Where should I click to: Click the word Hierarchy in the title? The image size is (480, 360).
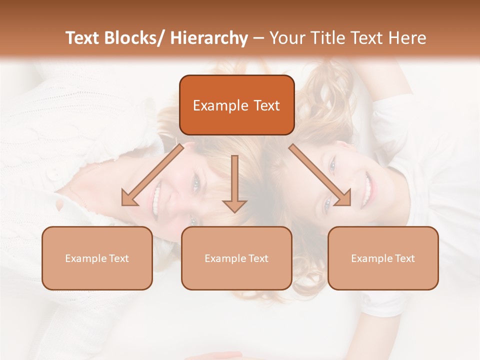208,38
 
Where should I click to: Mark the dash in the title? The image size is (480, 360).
258,38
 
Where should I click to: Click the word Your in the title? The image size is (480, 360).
286,38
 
